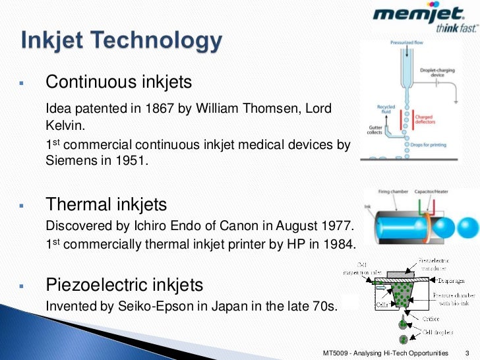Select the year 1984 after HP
click(339, 245)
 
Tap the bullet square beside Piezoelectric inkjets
click(22, 286)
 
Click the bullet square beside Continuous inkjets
click(22, 84)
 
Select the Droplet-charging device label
click(440, 73)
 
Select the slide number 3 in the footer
click(467, 353)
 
